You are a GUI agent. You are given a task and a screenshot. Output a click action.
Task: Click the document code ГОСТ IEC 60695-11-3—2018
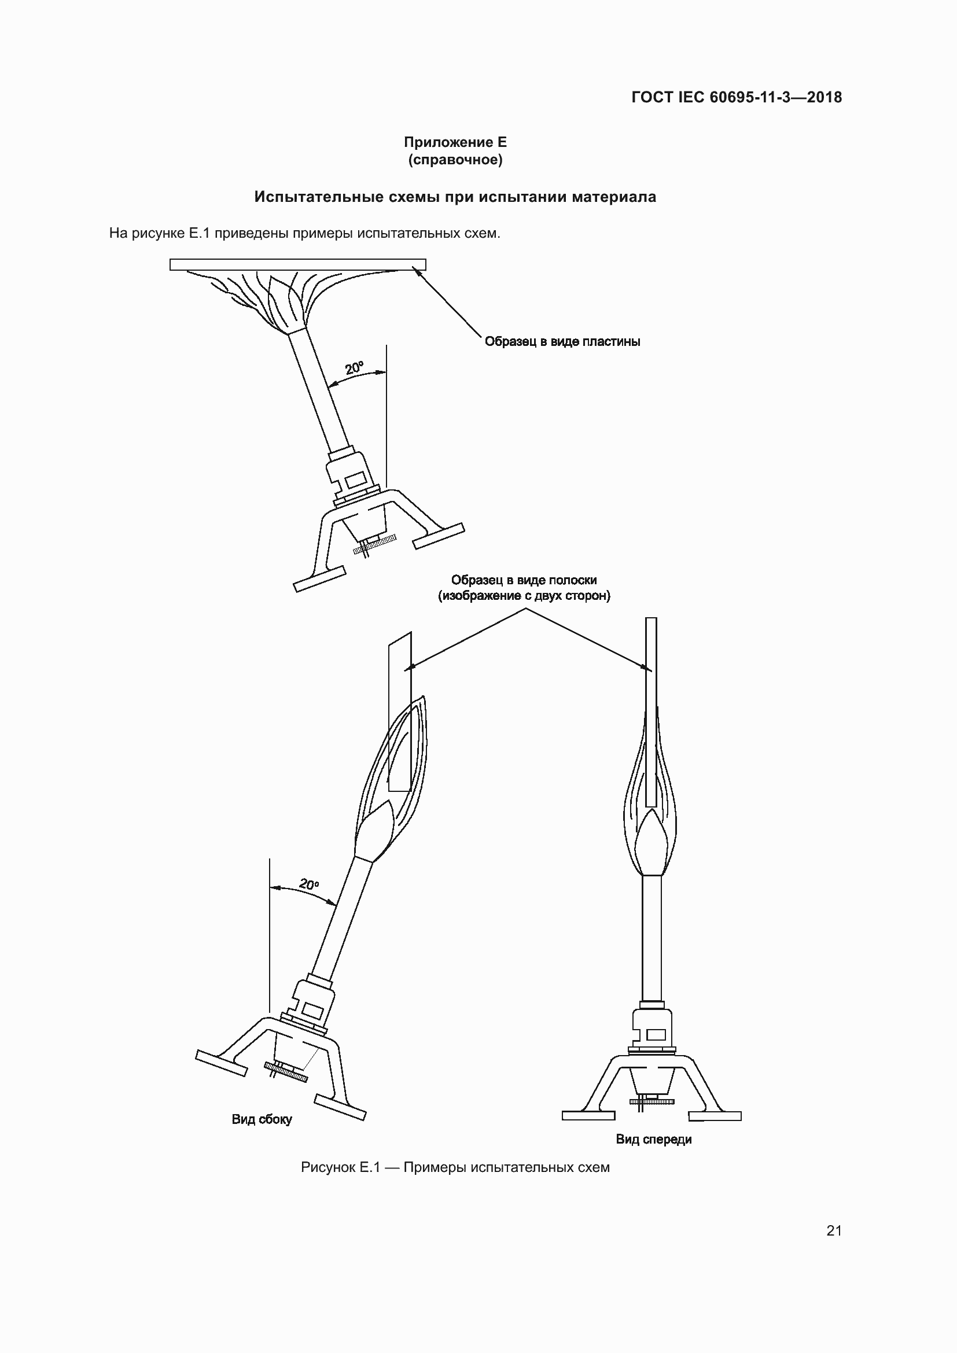[x=737, y=97]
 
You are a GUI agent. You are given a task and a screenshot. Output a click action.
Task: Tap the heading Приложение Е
[x=455, y=142]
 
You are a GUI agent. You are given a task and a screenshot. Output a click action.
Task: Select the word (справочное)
[x=455, y=160]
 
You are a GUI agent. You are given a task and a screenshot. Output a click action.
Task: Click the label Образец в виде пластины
[x=562, y=341]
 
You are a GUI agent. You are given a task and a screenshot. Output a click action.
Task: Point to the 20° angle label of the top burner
[x=354, y=368]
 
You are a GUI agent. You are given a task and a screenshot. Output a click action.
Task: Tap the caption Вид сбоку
[x=262, y=1119]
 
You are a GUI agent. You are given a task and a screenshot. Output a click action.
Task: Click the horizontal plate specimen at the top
[x=297, y=264]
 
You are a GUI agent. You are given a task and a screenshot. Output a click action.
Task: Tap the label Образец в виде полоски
[x=524, y=580]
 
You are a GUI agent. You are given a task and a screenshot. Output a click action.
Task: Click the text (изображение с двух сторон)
[x=524, y=596]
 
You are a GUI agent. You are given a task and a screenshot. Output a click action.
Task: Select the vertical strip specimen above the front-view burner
[x=651, y=711]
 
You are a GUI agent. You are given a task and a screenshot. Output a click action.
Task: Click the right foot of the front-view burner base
[x=715, y=1115]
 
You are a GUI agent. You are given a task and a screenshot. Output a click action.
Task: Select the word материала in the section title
[x=613, y=197]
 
